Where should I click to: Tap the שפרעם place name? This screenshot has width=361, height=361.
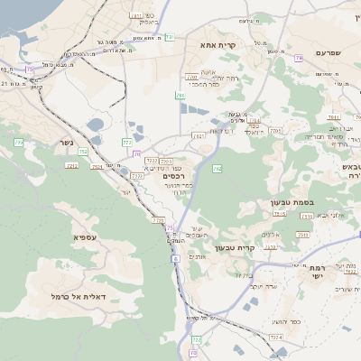(x=332, y=54)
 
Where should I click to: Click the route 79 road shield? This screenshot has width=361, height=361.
(x=299, y=59)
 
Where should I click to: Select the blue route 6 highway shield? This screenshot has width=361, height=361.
(x=174, y=258)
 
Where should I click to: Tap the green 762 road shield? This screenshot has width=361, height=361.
(x=217, y=168)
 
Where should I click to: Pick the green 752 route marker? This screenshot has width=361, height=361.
(x=83, y=152)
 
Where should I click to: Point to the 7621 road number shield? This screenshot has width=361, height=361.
(x=198, y=135)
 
